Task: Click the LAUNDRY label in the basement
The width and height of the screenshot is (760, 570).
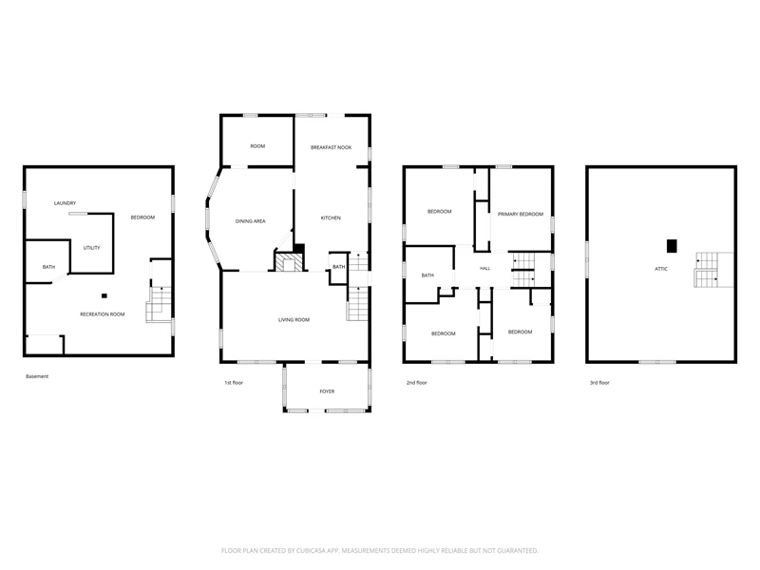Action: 65,203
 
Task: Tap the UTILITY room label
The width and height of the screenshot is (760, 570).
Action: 91,248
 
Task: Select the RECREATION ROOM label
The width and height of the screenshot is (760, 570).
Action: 103,314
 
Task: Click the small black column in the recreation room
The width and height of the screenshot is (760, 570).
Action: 104,295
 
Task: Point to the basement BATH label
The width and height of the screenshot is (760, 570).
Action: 49,267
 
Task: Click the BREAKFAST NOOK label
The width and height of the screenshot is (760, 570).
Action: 331,147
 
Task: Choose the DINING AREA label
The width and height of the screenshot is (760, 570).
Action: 251,221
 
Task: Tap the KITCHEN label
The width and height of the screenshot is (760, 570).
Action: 331,218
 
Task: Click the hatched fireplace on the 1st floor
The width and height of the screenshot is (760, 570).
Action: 289,262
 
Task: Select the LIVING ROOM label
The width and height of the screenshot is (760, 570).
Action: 294,320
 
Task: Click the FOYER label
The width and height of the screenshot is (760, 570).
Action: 327,391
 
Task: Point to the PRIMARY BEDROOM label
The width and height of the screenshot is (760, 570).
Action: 521,215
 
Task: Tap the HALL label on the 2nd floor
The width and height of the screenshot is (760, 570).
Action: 485,268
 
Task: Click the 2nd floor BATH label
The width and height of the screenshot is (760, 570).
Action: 427,275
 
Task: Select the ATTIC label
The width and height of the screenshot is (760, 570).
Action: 661,269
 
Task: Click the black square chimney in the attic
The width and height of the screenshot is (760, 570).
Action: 672,246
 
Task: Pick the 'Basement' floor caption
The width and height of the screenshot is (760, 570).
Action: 37,376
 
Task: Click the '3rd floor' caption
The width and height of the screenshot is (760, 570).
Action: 599,383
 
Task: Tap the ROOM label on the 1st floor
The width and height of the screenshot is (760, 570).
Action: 257,146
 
